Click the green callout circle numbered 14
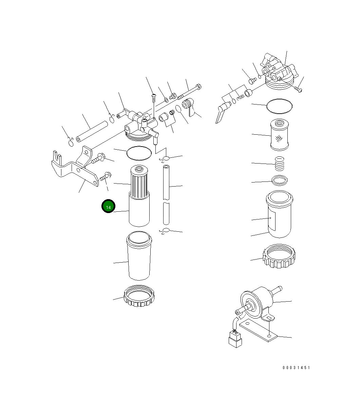(x=108, y=206)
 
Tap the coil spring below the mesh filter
(x=279, y=164)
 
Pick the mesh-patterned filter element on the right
(x=279, y=135)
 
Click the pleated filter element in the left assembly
(x=139, y=182)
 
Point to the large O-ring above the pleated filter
(x=139, y=153)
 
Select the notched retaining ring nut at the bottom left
(x=139, y=295)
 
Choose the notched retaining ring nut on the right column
(x=279, y=256)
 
